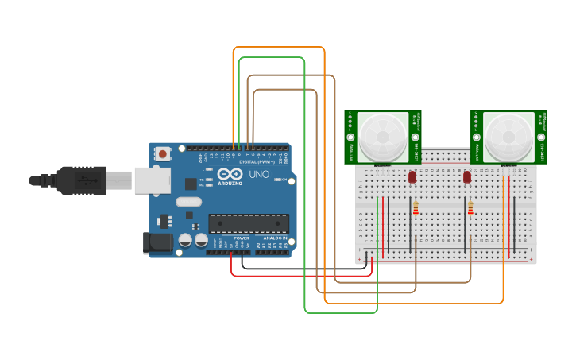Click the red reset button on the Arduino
coord(163,153)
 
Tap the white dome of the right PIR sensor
coord(508,137)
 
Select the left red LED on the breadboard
coord(412,178)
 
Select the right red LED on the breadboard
coord(467,178)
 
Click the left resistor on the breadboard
coord(416,209)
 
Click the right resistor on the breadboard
coord(470,209)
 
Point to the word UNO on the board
coord(260,174)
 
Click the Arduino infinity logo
coord(230,175)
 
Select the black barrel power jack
coord(157,242)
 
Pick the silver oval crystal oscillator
coord(189,202)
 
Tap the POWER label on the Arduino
coord(242,238)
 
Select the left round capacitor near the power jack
coord(185,239)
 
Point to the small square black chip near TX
coord(191,184)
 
